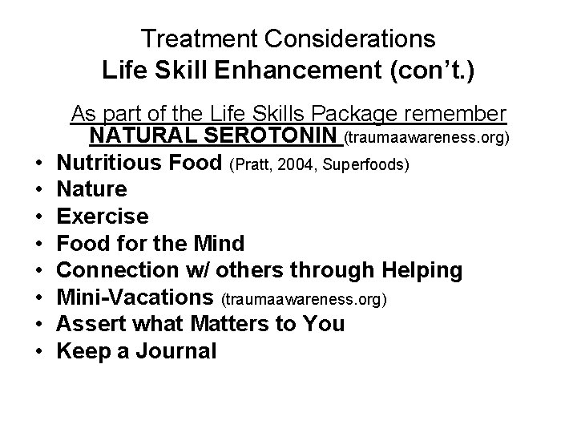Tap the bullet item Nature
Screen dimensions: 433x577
point(93,190)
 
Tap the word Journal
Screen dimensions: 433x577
point(176,350)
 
